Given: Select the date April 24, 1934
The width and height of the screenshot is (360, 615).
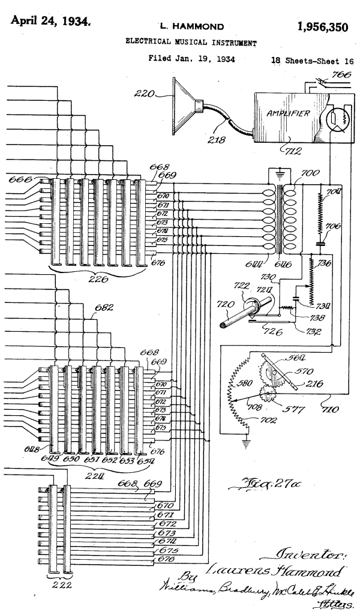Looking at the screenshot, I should (51, 23).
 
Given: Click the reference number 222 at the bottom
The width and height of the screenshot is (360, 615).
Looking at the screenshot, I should (58, 586).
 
